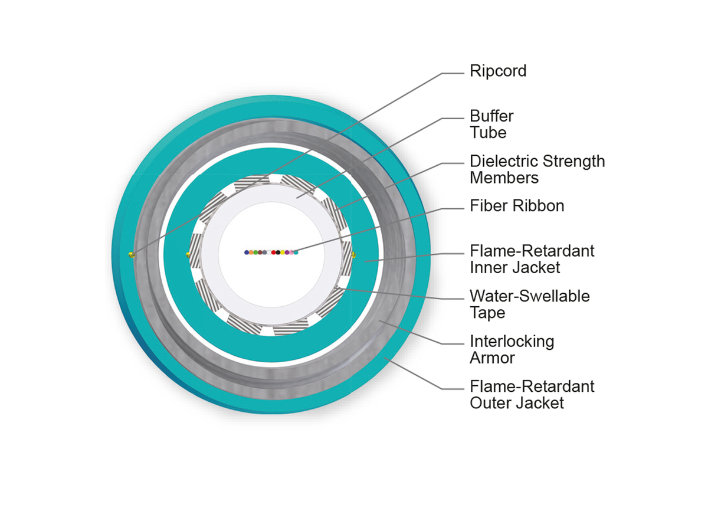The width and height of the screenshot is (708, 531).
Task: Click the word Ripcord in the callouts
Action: [x=498, y=71]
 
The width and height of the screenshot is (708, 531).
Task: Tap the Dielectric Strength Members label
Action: [x=537, y=169]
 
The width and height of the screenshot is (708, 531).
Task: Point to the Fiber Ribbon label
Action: [x=517, y=206]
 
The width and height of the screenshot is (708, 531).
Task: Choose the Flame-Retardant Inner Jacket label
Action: [x=532, y=259]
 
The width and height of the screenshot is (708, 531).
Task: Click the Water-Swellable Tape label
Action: [x=529, y=304]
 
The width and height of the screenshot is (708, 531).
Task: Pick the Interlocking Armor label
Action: [x=512, y=349]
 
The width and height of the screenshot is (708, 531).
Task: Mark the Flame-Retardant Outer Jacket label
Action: [x=532, y=394]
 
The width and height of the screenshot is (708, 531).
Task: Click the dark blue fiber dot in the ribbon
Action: [x=247, y=253]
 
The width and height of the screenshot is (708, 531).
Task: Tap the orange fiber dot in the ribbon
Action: [x=251, y=253]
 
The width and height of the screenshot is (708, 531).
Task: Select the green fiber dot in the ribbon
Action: [x=255, y=253]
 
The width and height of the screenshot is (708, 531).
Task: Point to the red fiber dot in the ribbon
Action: [x=273, y=253]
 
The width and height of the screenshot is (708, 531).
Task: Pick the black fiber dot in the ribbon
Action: [x=278, y=253]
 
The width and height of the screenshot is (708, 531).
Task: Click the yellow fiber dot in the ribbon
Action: [x=282, y=253]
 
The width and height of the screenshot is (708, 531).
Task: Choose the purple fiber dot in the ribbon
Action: [x=287, y=253]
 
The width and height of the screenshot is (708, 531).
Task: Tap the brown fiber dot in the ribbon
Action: [x=260, y=253]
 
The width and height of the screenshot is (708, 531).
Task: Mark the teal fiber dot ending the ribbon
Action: [x=296, y=253]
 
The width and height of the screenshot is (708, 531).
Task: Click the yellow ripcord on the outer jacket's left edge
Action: [x=131, y=255]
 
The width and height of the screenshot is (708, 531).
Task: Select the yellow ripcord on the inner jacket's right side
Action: [x=354, y=255]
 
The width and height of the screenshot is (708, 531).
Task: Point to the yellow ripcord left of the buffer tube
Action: [x=188, y=255]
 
